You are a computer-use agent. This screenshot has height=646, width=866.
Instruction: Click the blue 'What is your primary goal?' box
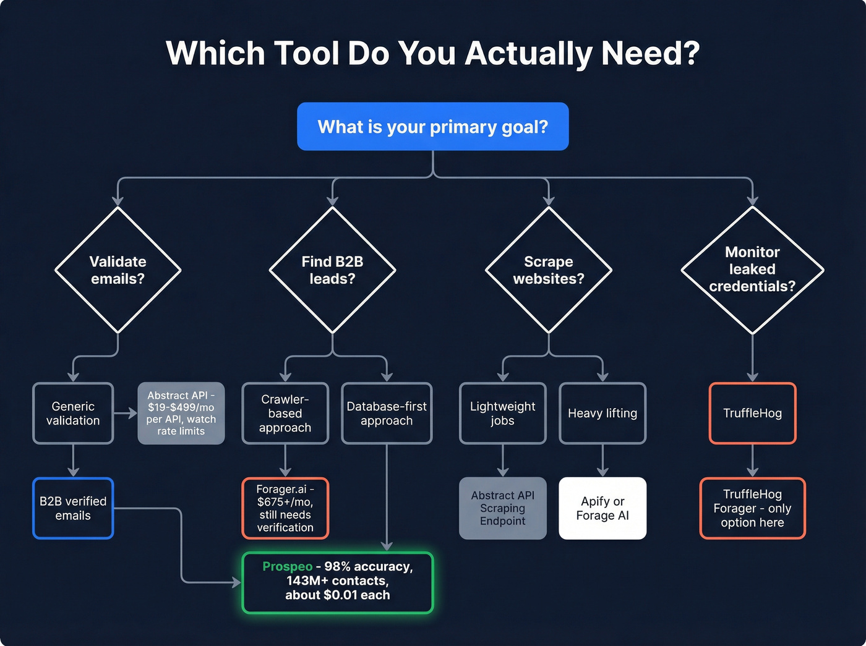(x=432, y=127)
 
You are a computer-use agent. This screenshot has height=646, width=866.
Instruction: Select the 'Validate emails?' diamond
(x=118, y=270)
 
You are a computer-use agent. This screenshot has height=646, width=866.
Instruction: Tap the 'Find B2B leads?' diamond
(x=332, y=270)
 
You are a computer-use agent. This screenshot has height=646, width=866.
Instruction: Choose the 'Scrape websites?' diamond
(x=548, y=270)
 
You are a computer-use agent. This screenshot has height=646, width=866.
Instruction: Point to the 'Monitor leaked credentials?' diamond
(x=752, y=270)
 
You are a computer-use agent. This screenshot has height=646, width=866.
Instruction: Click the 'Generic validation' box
(x=73, y=414)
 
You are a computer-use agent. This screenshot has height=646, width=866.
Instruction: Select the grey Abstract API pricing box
(x=181, y=414)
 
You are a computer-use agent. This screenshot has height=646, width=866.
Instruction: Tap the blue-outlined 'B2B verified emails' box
(x=73, y=508)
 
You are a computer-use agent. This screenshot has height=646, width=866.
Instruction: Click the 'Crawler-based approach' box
(x=285, y=414)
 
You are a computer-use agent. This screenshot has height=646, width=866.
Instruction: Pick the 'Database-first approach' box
(x=387, y=414)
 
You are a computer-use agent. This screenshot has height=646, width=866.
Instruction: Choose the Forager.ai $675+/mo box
(x=285, y=508)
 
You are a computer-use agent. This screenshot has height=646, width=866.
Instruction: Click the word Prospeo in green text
(x=288, y=566)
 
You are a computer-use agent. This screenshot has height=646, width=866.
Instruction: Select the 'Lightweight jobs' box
(x=502, y=414)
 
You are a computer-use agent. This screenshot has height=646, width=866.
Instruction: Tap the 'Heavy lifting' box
(x=602, y=414)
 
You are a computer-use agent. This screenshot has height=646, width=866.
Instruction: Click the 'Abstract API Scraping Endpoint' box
(x=502, y=508)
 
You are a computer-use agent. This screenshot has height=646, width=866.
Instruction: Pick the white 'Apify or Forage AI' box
(x=602, y=508)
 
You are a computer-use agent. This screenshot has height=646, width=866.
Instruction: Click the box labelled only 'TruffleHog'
(x=752, y=414)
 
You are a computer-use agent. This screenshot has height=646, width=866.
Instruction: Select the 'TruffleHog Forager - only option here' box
(x=752, y=508)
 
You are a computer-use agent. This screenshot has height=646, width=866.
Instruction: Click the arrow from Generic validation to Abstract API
(x=126, y=414)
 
